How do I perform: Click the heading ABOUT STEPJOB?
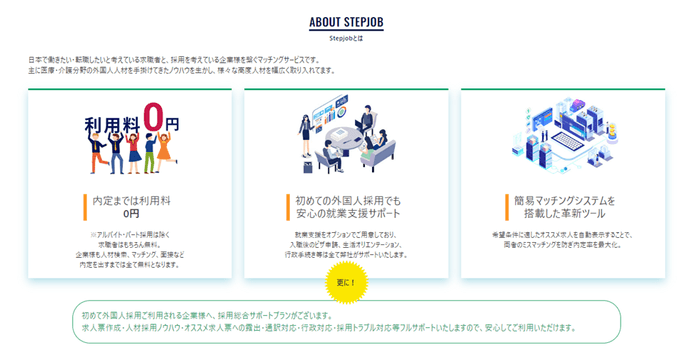pos(349,23)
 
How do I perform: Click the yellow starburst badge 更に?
pos(347,282)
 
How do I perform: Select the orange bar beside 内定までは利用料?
pos(86,205)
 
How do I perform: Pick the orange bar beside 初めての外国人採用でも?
pos(286,205)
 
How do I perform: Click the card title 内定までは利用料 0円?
pos(131,206)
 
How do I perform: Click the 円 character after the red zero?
pos(171,125)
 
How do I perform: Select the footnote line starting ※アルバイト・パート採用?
pos(130,235)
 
